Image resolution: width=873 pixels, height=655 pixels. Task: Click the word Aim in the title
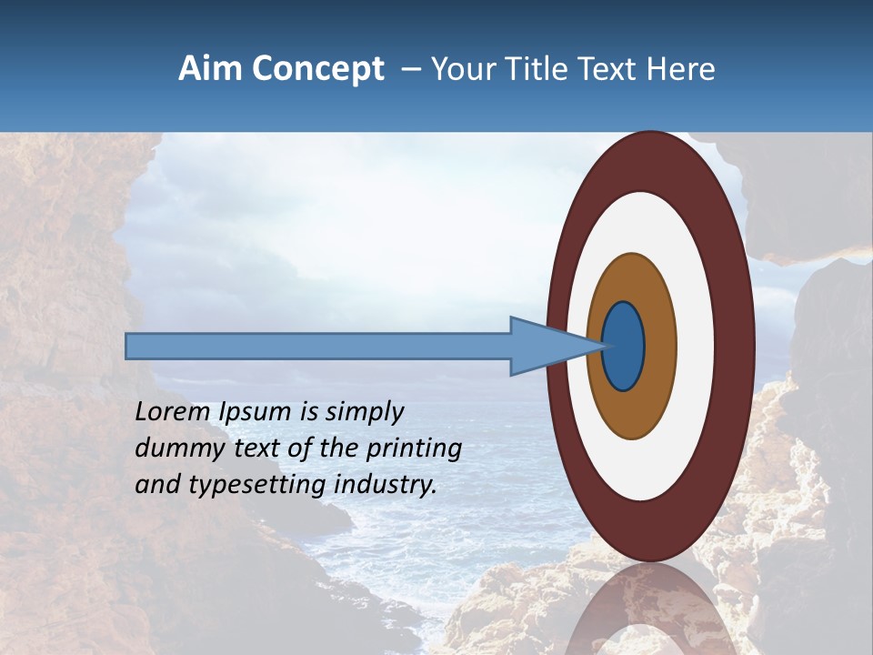tap(209, 69)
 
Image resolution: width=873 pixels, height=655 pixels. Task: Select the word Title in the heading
tap(540, 69)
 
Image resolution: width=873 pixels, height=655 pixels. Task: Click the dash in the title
tap(411, 69)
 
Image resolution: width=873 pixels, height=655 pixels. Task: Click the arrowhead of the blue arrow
tap(546, 347)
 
